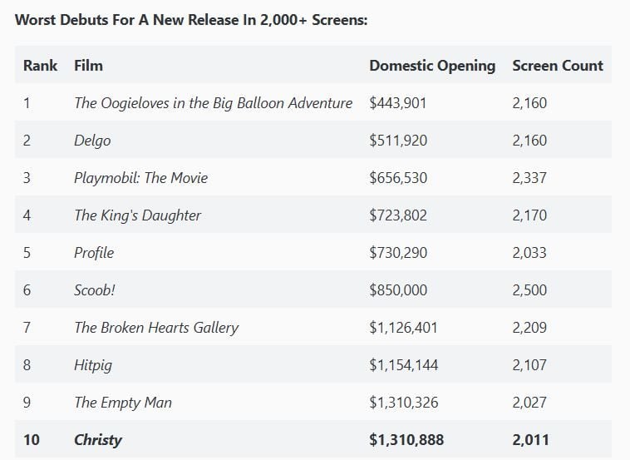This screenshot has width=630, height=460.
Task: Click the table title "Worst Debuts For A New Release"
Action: [x=191, y=19]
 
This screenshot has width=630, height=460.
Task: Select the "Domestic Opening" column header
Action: [x=432, y=65]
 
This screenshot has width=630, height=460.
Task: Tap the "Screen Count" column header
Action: [x=558, y=65]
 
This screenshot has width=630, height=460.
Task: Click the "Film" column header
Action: [x=88, y=65]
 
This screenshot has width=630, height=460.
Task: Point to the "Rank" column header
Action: [x=40, y=65]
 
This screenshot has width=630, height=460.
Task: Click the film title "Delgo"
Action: [x=92, y=141]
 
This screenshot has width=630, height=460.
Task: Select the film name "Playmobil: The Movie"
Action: [x=140, y=178]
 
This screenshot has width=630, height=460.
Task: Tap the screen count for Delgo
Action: [x=529, y=141]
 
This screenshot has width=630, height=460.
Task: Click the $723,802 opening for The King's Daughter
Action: [x=398, y=215]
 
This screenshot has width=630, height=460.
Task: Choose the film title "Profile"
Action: [x=94, y=253]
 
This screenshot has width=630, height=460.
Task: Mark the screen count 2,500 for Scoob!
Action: [x=529, y=290]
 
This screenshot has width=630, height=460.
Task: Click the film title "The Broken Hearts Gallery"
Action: [x=156, y=328]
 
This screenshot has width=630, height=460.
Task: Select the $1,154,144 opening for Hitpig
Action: [x=404, y=365]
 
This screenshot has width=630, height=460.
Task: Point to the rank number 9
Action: [x=27, y=403]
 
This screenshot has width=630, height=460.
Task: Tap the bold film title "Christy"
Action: [x=97, y=440]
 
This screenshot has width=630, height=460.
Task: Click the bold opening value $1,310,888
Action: [x=406, y=440]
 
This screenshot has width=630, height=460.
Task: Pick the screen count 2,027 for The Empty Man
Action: [x=529, y=403]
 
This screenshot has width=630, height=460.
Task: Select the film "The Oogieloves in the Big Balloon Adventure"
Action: [x=213, y=103]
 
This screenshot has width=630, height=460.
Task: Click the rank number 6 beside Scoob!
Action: [x=27, y=290]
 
